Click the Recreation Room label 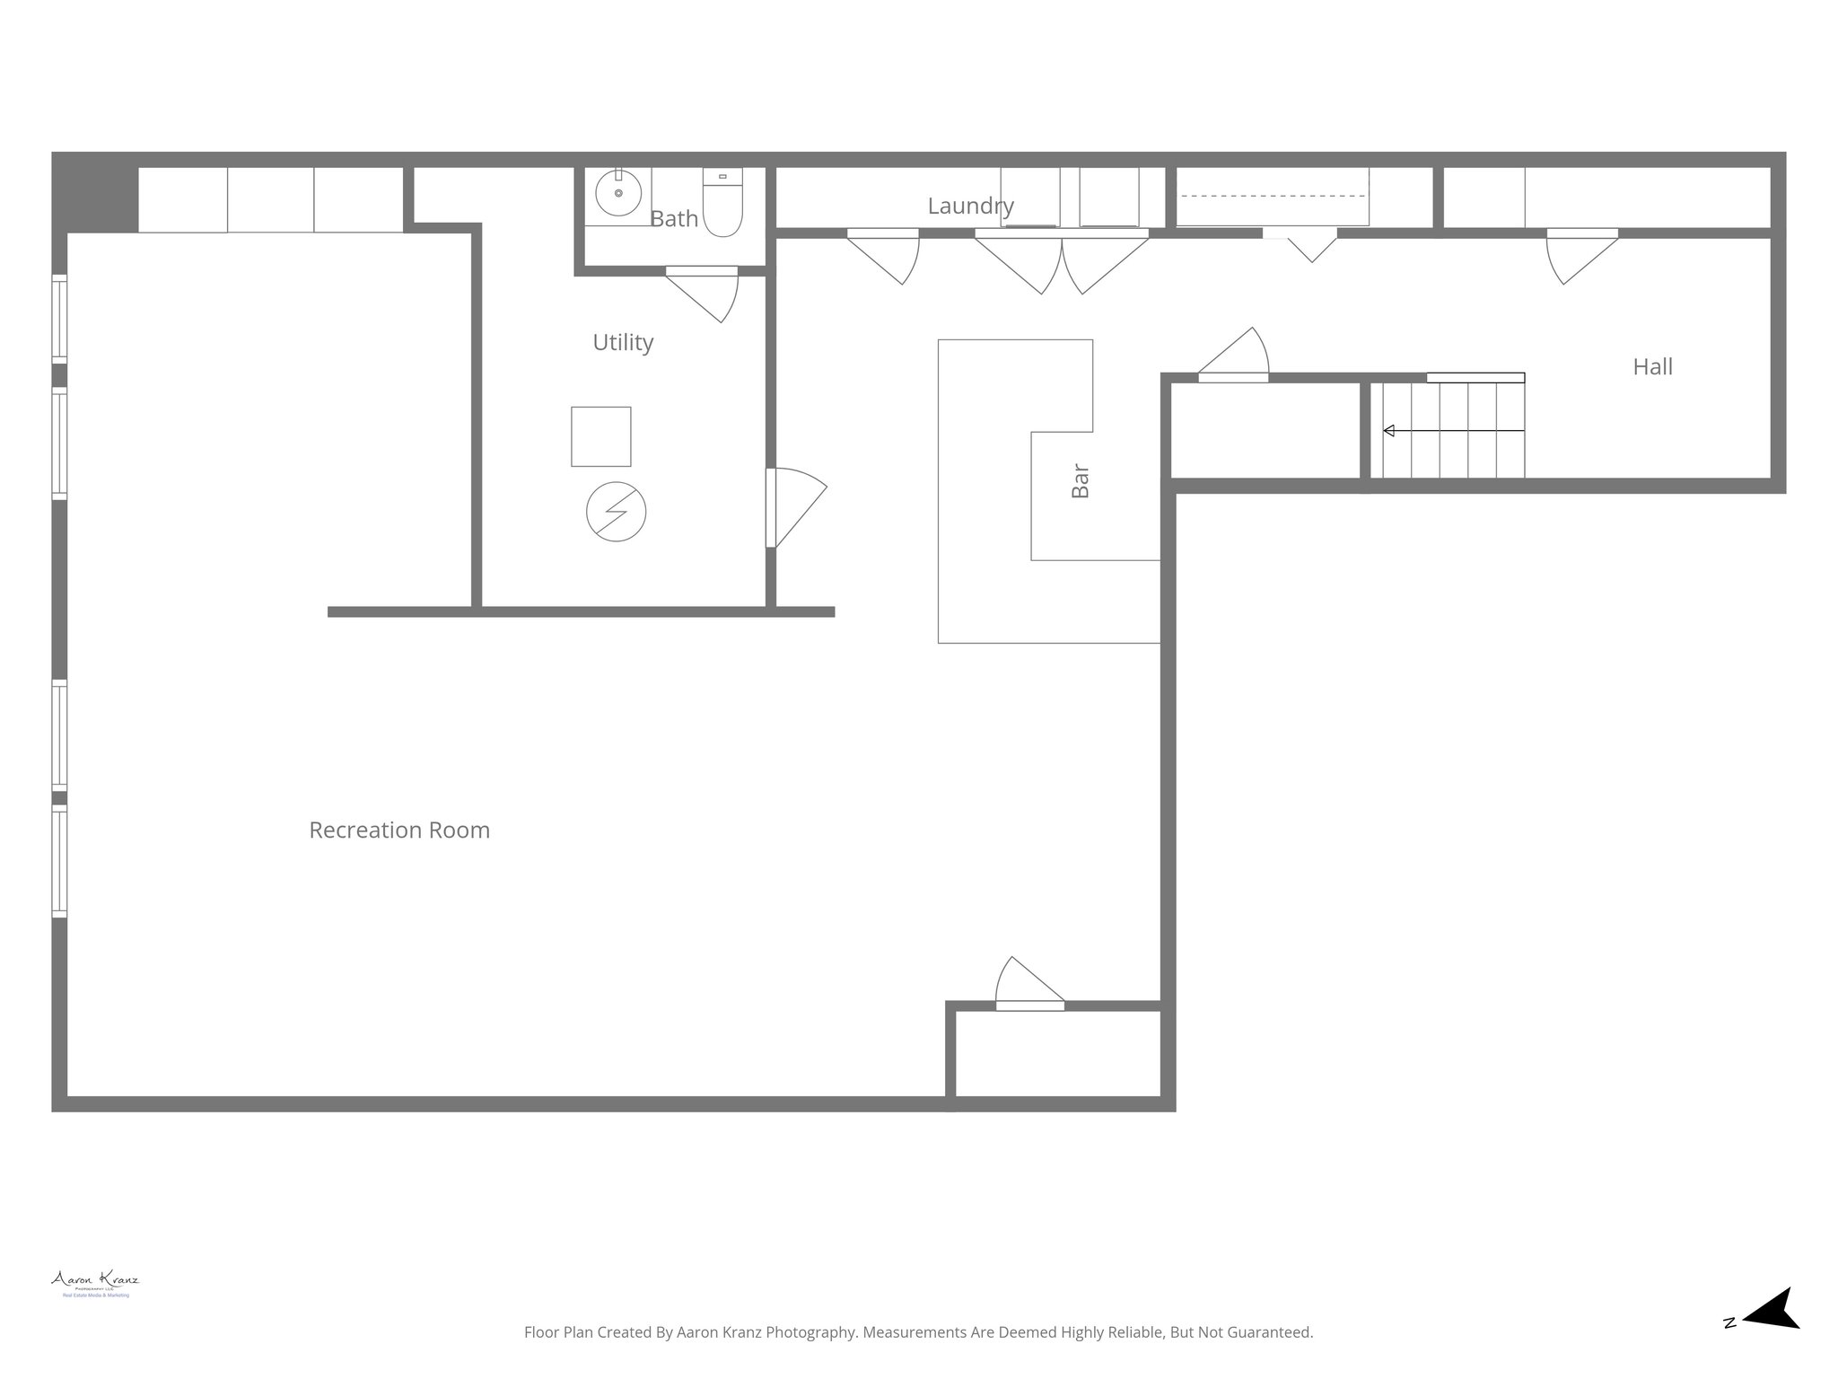(399, 830)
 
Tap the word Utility (623, 342)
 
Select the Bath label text (674, 218)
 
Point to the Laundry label (970, 206)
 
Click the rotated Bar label (1081, 481)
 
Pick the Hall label (1652, 366)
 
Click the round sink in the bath (618, 194)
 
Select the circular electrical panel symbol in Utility (616, 512)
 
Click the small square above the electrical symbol (600, 436)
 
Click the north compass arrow (1768, 1334)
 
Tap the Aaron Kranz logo (95, 1282)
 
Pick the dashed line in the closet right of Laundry (1272, 196)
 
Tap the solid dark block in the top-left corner (94, 192)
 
